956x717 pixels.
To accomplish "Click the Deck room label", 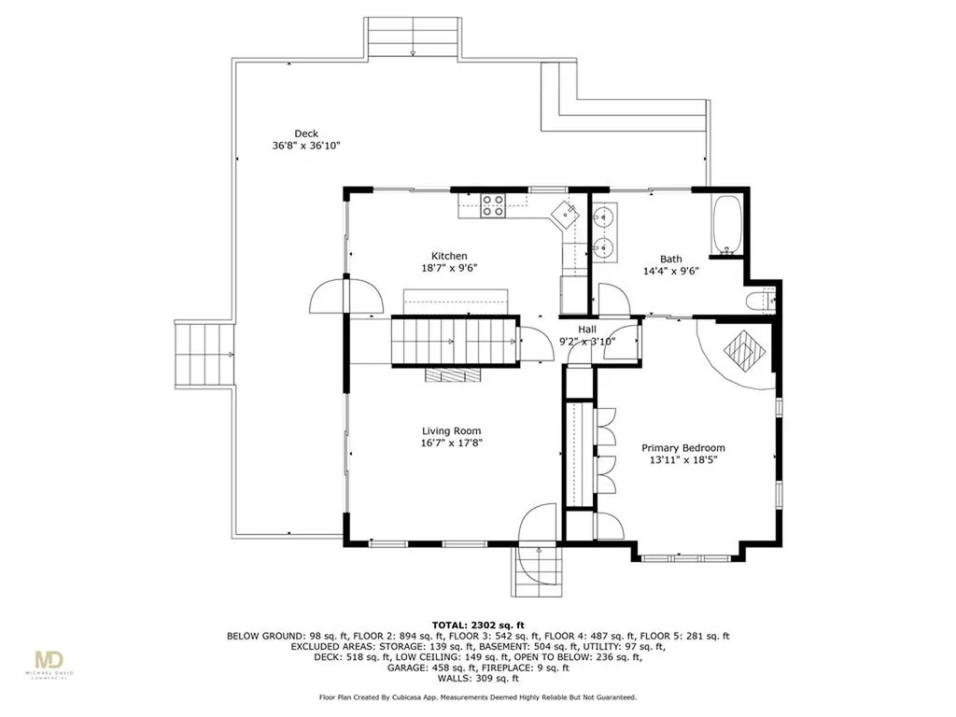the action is [306, 134].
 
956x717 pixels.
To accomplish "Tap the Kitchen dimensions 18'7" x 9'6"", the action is [449, 268].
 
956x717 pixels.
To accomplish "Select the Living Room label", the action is [451, 431].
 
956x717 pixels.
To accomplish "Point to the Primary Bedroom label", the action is [683, 448].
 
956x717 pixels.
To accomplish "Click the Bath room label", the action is [670, 260].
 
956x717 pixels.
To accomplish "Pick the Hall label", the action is [587, 330].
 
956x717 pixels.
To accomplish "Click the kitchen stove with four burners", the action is [493, 205].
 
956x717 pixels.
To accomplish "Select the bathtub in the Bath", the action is [726, 224].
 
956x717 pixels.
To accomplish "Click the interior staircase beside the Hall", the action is [455, 342].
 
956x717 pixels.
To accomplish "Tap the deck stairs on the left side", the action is [204, 355].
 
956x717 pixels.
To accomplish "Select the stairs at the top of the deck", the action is [412, 37].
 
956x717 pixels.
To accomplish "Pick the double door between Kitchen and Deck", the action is [346, 296].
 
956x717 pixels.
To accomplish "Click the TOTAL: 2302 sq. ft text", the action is [478, 625].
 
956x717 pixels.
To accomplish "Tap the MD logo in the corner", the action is [49, 661].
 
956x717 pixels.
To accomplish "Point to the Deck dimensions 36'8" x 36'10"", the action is [306, 146].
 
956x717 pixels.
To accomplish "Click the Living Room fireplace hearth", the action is [453, 374].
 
